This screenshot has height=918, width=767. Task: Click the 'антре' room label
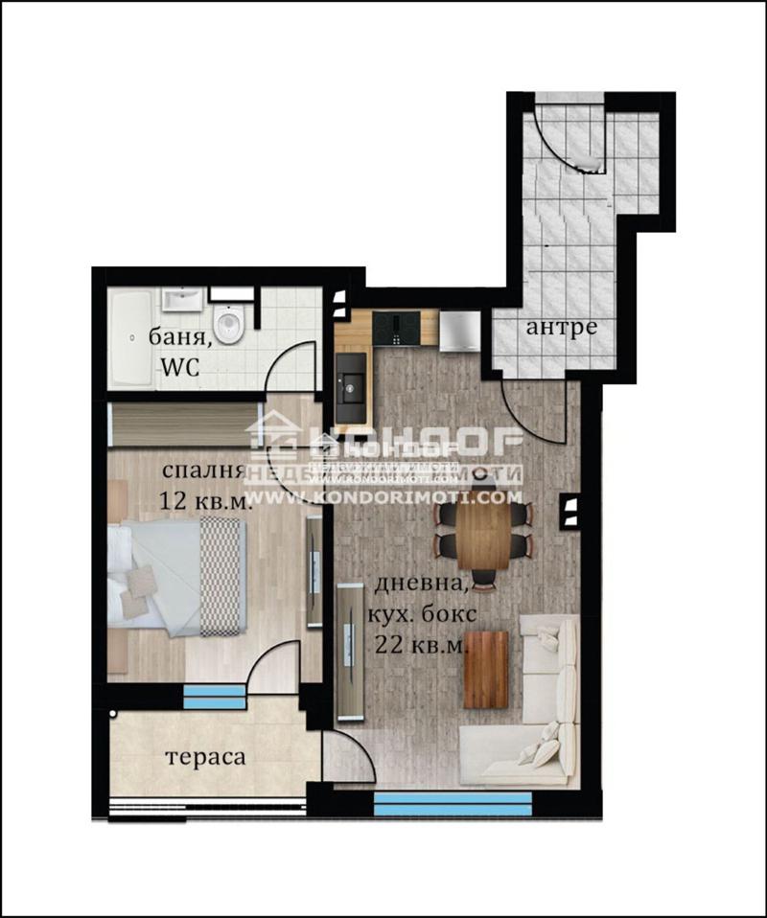[x=561, y=328]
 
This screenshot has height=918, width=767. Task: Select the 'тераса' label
[x=205, y=757]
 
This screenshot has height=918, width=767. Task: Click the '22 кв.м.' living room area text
[x=421, y=644]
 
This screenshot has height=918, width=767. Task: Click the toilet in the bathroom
[x=230, y=324]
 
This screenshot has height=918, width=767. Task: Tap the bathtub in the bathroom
[x=129, y=337]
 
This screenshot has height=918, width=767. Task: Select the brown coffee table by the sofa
[x=486, y=669]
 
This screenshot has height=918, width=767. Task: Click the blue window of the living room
[x=453, y=803]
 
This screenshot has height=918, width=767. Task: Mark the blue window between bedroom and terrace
[x=214, y=697]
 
